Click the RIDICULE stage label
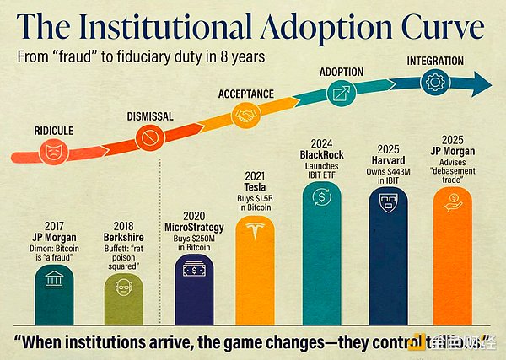pos(51,132)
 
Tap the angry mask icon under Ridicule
pos(52,153)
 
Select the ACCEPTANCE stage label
pos(246,94)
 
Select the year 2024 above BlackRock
pos(320,142)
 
